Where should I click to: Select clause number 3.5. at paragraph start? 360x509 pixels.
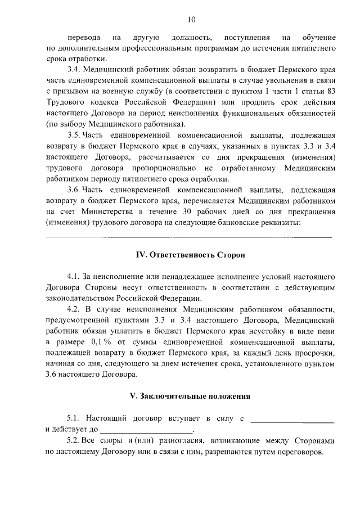(74, 135)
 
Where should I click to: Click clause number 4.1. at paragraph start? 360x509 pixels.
(74, 277)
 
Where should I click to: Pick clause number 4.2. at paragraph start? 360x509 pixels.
(74, 309)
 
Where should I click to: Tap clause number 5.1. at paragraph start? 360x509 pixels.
(74, 418)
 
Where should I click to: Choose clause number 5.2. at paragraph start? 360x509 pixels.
(74, 440)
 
